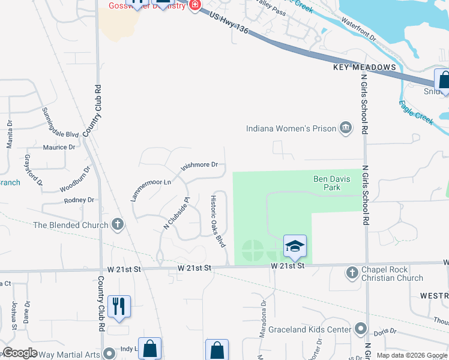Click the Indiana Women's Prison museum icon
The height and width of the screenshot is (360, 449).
346,127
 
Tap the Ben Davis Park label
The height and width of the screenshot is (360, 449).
327,183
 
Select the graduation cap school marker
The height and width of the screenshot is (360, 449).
295,246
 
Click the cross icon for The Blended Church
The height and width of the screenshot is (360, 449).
118,225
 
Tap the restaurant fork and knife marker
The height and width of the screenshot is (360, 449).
119,306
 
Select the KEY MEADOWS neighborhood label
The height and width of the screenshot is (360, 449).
365,68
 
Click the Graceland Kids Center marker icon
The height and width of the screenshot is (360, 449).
360,329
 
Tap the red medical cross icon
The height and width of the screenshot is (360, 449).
194,5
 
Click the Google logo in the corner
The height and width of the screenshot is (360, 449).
20,353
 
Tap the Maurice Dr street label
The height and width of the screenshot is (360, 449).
59,147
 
